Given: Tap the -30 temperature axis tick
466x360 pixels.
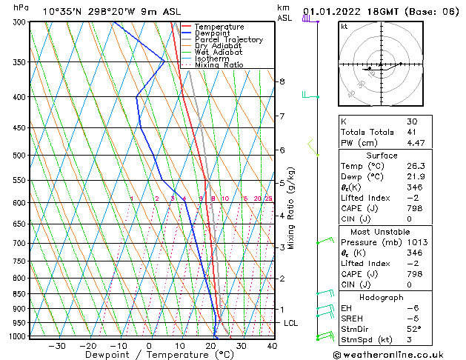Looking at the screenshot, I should coord(57,346).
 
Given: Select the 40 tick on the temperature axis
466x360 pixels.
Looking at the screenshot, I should coord(272,346).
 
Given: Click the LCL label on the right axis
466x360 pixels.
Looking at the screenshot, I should coord(291,323).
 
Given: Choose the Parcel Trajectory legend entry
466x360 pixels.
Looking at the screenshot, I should coord(228,40).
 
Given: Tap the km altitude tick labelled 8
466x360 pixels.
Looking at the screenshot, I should coord(282,81).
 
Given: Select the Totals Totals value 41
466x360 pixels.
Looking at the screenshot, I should coord(413,133).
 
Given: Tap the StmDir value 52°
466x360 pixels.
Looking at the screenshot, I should coord(413,330).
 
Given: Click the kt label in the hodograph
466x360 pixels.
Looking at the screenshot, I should coord(344,26).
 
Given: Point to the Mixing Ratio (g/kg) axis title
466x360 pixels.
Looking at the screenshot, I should coord(291,208).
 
